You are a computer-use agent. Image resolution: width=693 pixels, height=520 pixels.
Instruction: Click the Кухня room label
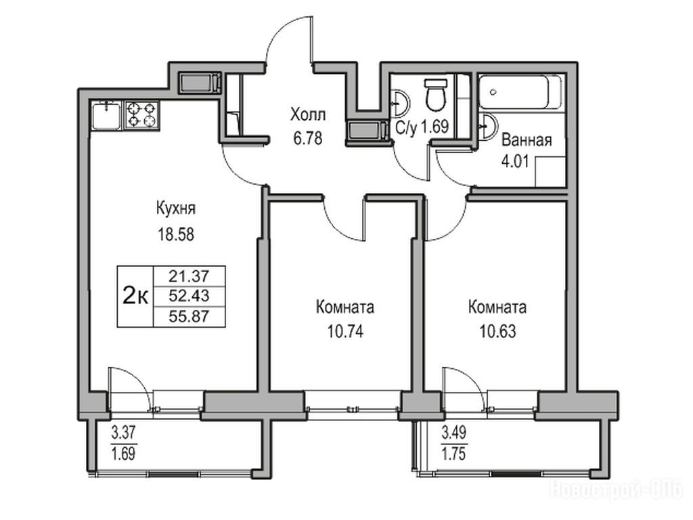[x=176, y=209]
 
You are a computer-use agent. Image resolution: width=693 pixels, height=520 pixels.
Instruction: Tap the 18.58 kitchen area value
[x=176, y=234]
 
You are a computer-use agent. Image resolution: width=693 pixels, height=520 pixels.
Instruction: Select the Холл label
[x=308, y=114]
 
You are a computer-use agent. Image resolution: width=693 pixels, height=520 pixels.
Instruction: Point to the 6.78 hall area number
[x=308, y=139]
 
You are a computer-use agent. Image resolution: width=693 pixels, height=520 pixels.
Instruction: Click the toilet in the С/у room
[x=436, y=94]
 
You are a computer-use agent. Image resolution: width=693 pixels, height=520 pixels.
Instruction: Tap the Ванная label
[x=527, y=140]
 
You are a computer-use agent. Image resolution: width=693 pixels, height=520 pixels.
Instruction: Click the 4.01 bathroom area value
[x=514, y=161]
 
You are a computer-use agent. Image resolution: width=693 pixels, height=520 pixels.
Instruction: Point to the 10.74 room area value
[x=345, y=331]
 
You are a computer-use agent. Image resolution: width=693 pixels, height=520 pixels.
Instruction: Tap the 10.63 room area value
[x=497, y=331]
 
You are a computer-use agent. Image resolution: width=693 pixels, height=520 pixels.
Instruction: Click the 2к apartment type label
[x=135, y=296]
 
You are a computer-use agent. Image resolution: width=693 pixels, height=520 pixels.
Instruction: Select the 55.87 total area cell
[x=189, y=317]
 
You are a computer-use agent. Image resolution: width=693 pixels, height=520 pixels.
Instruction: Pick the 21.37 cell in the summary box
[x=189, y=276]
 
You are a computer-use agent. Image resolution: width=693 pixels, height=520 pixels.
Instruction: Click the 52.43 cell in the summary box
[x=189, y=296]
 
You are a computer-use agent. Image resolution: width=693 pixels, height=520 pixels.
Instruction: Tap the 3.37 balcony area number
[x=123, y=433]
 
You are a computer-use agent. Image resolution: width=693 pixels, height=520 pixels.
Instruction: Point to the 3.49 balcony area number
[x=454, y=433]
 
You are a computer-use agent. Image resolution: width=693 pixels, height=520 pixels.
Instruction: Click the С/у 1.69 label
[x=422, y=127]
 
